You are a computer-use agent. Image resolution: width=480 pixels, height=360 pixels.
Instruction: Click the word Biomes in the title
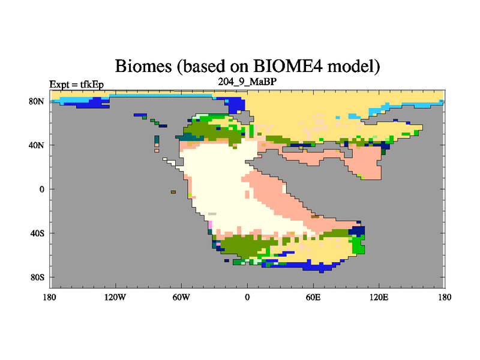[143, 66]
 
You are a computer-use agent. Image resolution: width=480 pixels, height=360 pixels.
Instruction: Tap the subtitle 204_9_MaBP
[247, 82]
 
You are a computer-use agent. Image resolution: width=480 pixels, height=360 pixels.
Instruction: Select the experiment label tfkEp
[92, 85]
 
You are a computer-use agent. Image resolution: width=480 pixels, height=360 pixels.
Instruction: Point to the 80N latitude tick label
[37, 101]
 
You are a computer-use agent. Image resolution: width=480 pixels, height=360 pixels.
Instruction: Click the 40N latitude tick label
[37, 145]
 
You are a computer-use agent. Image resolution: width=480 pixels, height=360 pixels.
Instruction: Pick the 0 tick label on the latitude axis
[41, 189]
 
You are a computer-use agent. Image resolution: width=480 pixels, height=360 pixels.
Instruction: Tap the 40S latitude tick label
[37, 233]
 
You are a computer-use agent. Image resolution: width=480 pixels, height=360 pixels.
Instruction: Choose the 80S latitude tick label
[37, 277]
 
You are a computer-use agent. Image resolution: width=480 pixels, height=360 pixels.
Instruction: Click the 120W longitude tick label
[115, 297]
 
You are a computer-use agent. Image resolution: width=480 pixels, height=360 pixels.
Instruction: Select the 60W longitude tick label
[181, 297]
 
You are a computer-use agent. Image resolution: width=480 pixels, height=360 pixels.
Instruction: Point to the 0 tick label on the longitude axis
[247, 297]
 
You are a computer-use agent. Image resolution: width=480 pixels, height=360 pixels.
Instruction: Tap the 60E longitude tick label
[313, 297]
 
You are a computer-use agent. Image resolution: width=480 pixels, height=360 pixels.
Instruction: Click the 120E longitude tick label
[379, 297]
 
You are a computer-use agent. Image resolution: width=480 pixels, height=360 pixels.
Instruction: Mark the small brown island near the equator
[173, 192]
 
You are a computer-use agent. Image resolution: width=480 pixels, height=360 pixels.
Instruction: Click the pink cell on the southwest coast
[210, 224]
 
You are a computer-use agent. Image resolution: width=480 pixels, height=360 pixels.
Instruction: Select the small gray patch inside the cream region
[212, 214]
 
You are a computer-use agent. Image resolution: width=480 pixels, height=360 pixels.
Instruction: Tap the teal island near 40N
[157, 140]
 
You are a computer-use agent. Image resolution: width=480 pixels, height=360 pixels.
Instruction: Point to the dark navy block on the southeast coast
[357, 230]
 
